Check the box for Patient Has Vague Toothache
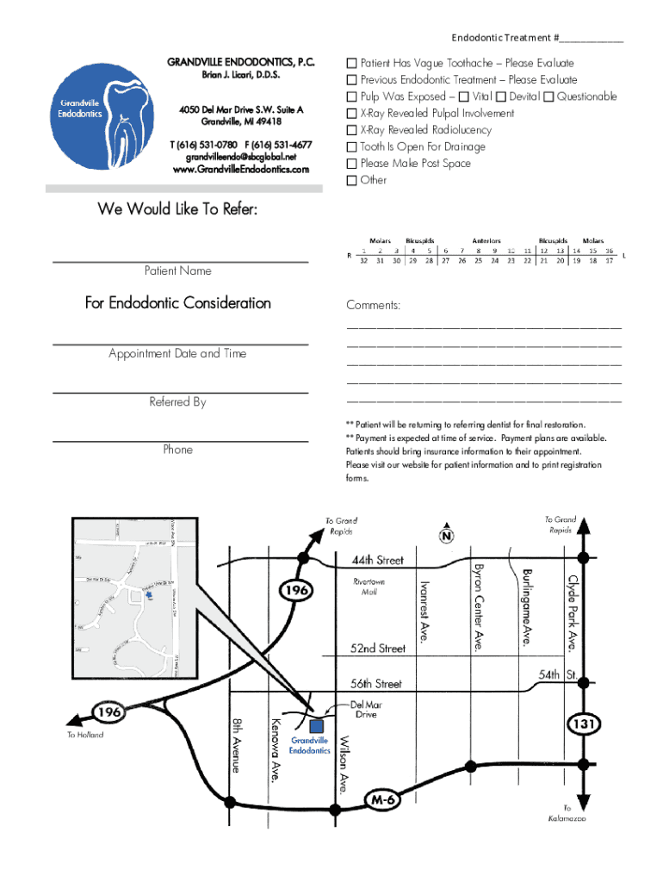pyautogui.click(x=351, y=64)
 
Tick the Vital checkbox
pyautogui.click(x=464, y=96)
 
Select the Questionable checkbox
pyautogui.click(x=548, y=96)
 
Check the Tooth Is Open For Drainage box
pyautogui.click(x=351, y=146)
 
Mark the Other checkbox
pyautogui.click(x=351, y=180)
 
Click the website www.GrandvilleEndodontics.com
pyautogui.click(x=240, y=170)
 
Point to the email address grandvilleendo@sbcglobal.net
pyautogui.click(x=240, y=158)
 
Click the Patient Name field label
pyautogui.click(x=177, y=271)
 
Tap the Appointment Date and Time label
pyautogui.click(x=177, y=354)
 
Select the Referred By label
pyautogui.click(x=177, y=402)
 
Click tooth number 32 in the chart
pyautogui.click(x=363, y=260)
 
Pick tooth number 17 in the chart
pyautogui.click(x=609, y=260)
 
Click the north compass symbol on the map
pyautogui.click(x=446, y=536)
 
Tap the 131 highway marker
pyautogui.click(x=583, y=724)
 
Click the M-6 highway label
pyautogui.click(x=382, y=800)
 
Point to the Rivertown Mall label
pyautogui.click(x=369, y=587)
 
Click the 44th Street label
pyautogui.click(x=377, y=561)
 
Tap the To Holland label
pyautogui.click(x=85, y=735)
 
